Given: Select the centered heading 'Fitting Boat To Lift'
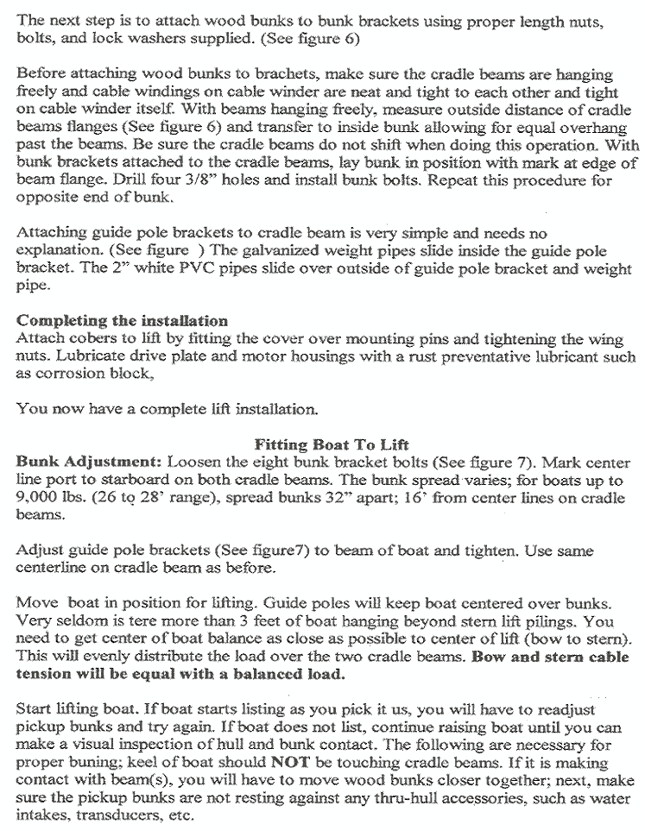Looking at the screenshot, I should click(317, 445).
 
